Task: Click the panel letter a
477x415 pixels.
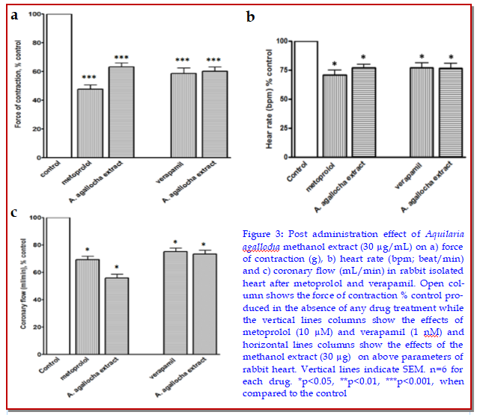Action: [x=14, y=13]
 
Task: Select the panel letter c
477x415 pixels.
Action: [x=13, y=213]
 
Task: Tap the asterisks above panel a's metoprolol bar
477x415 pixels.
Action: [x=90, y=78]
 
